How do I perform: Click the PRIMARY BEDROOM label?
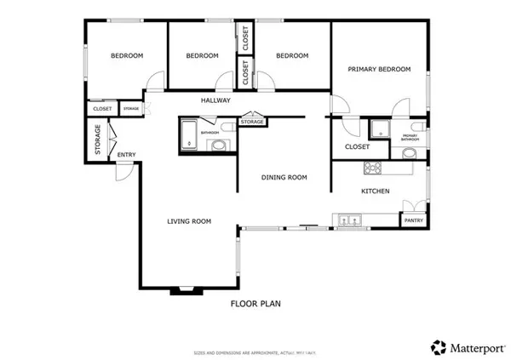click(379, 69)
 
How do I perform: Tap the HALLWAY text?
click(216, 100)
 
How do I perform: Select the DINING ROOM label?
click(284, 177)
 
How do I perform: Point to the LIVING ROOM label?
click(188, 221)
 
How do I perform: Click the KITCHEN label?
click(375, 191)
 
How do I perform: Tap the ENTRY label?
click(126, 154)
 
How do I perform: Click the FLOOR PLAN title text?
click(256, 302)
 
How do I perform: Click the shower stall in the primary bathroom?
click(378, 129)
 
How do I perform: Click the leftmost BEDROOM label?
click(127, 56)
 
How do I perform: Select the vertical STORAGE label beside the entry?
click(98, 140)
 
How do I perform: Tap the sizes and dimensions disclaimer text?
click(255, 351)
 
